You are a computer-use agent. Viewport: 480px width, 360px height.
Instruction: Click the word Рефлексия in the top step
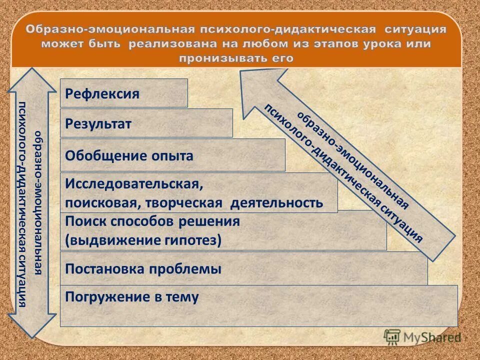102,94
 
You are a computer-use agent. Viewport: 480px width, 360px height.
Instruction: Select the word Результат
98,124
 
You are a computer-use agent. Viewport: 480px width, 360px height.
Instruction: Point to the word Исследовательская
134,184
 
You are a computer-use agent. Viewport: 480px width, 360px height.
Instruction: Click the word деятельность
276,203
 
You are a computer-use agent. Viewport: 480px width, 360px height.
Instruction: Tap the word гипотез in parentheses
192,240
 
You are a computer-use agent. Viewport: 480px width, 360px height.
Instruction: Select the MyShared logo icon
392,337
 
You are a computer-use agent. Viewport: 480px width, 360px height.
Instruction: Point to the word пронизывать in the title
214,58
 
